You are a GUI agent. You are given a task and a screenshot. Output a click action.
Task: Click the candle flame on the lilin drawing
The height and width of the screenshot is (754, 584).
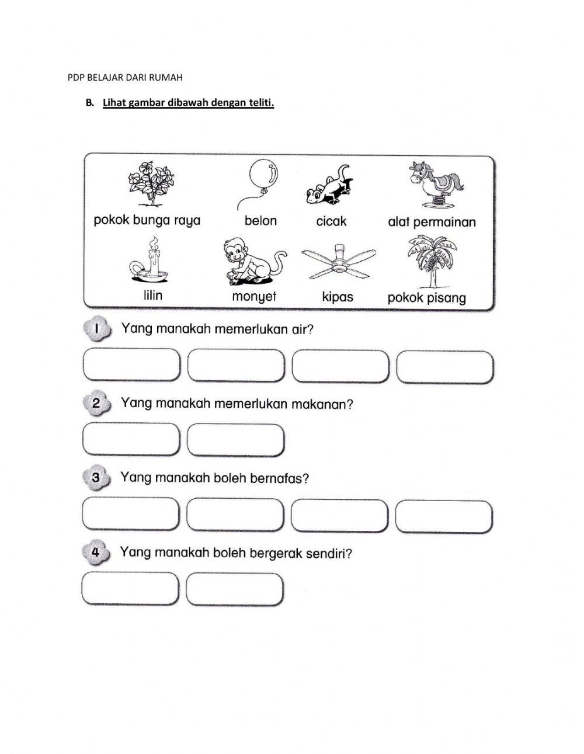pyautogui.click(x=153, y=241)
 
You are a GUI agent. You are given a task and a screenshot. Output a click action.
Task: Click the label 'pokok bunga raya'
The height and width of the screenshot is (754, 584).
pyautogui.click(x=147, y=221)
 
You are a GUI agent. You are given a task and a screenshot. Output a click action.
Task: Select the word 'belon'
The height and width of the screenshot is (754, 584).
pyautogui.click(x=260, y=221)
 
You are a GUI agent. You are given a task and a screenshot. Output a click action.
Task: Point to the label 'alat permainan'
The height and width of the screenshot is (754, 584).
pyautogui.click(x=432, y=222)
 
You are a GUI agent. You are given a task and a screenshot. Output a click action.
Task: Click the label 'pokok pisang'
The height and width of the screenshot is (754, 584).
pyautogui.click(x=426, y=298)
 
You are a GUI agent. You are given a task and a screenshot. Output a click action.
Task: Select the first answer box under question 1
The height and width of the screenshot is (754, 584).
pyautogui.click(x=131, y=366)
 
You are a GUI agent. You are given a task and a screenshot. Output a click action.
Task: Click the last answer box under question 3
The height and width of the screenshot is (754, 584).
pyautogui.click(x=443, y=516)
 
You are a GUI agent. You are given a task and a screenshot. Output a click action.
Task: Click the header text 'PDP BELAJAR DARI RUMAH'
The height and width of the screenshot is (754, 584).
pyautogui.click(x=126, y=77)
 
